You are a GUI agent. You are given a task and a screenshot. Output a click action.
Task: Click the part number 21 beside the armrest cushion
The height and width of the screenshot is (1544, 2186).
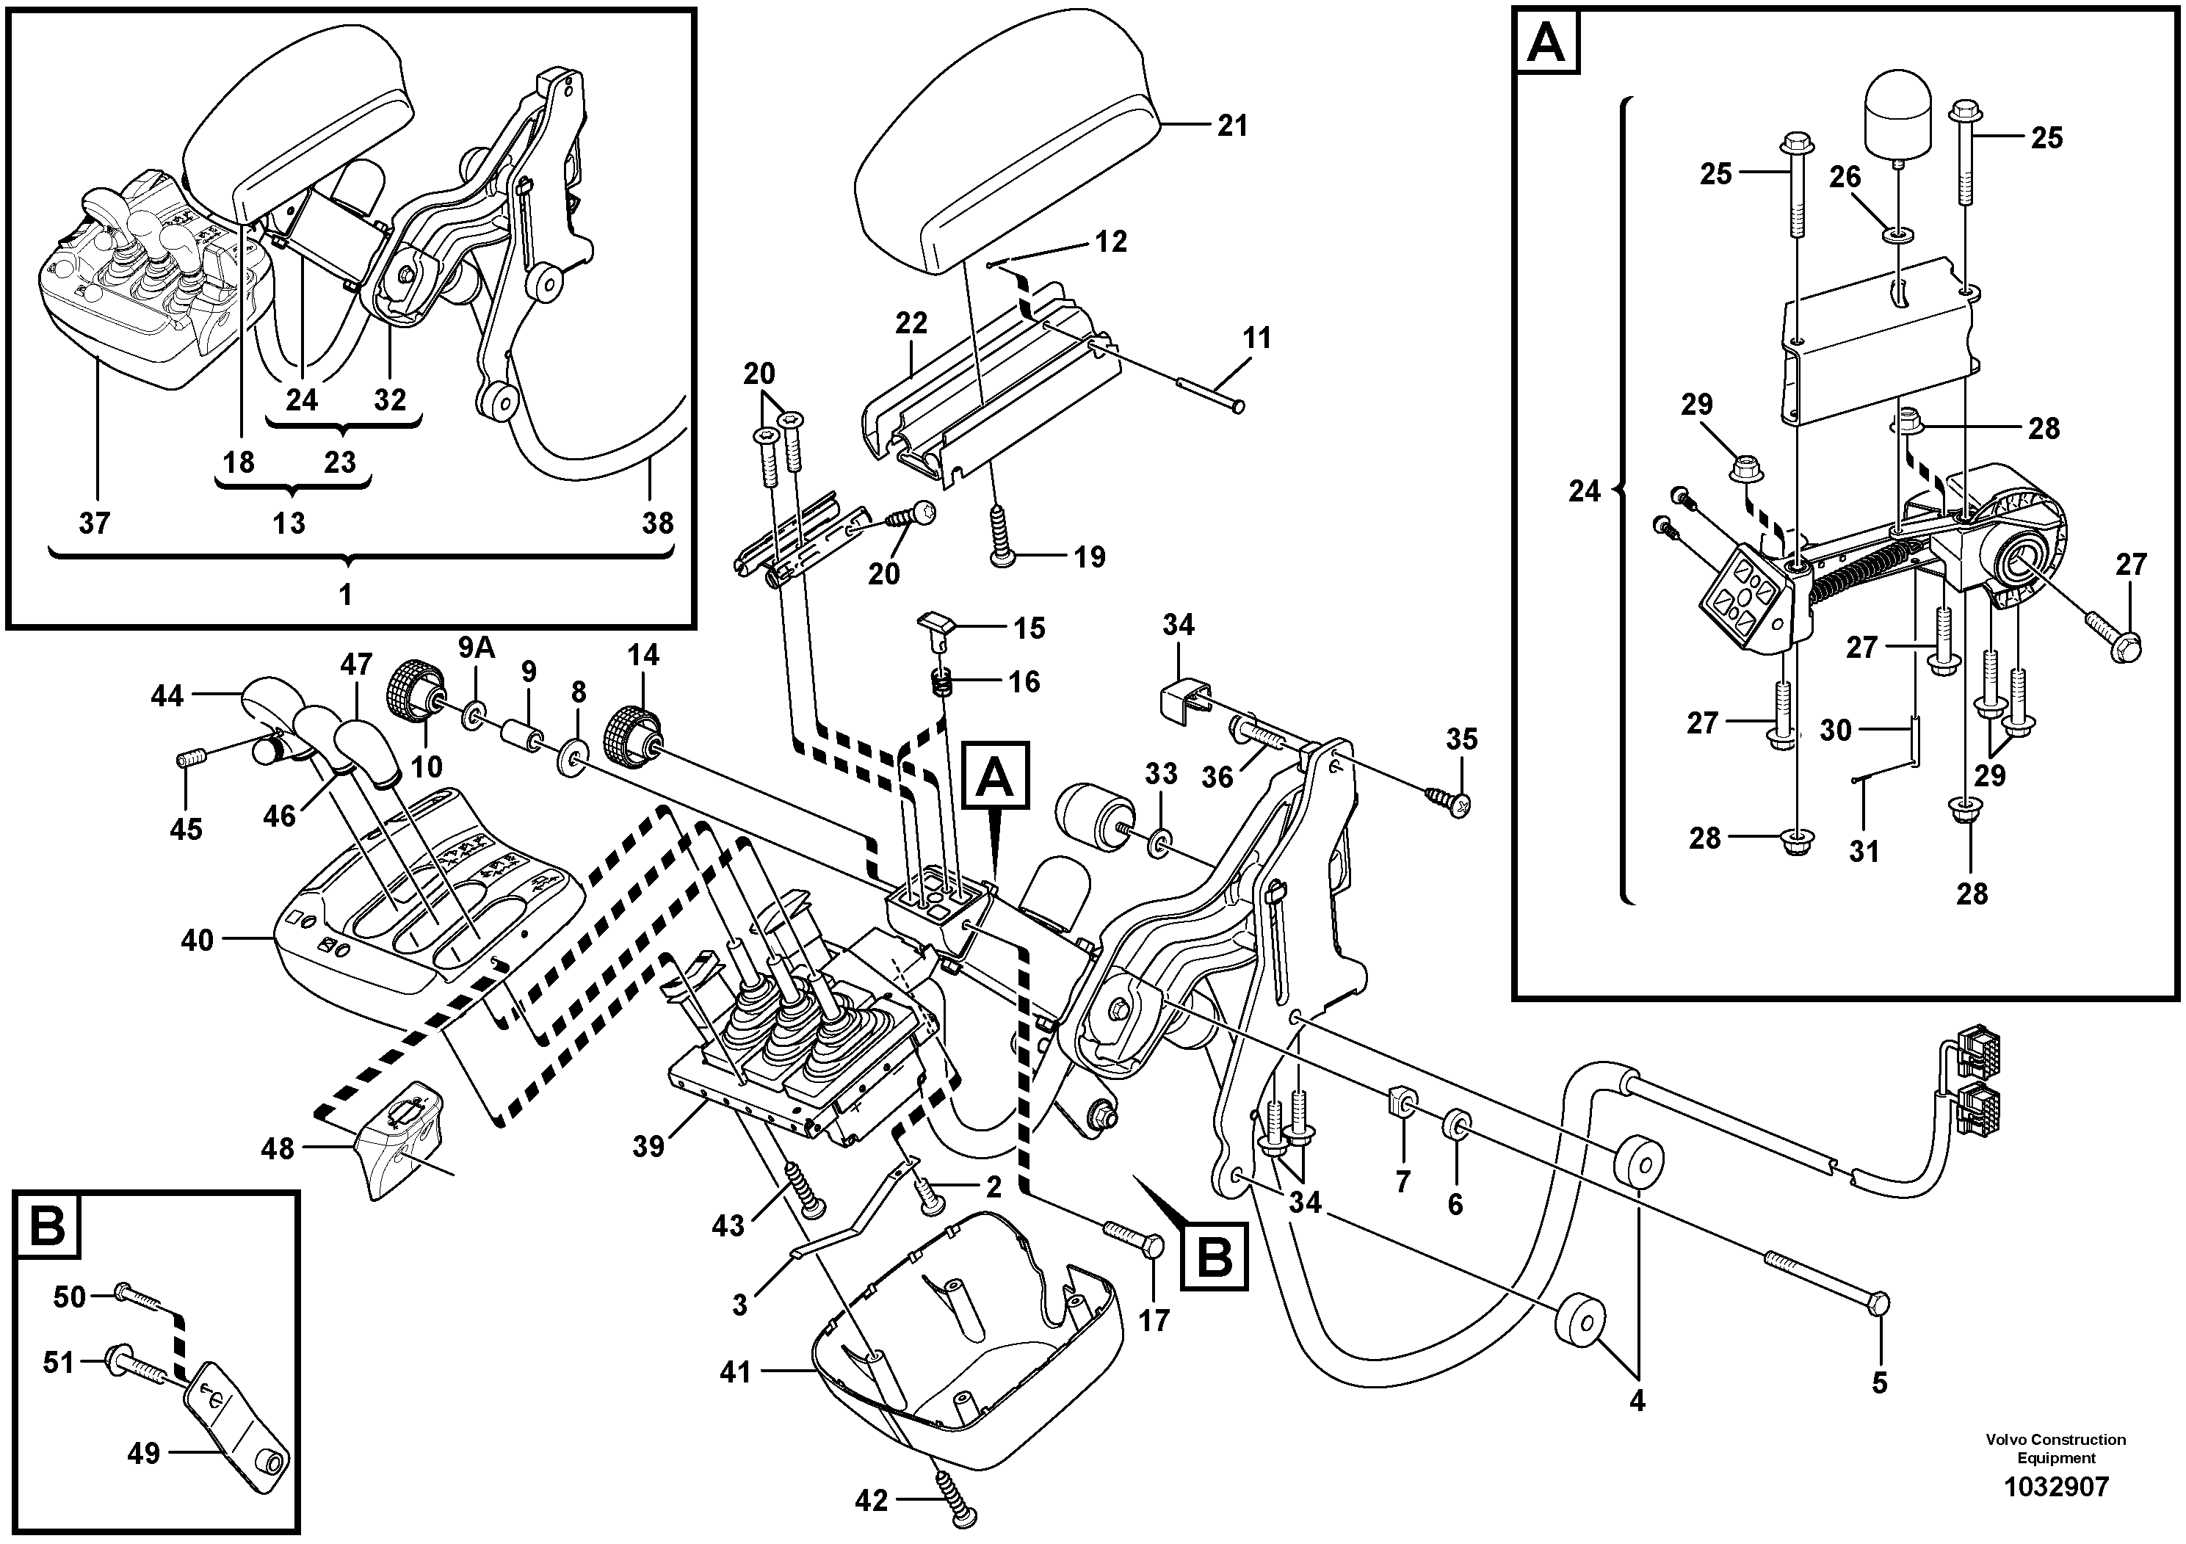[x=1232, y=126]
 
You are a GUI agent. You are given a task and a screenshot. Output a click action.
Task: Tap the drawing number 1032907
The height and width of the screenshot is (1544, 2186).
[x=2057, y=1487]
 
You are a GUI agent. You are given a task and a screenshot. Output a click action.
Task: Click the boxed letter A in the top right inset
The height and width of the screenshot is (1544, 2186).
[x=1545, y=43]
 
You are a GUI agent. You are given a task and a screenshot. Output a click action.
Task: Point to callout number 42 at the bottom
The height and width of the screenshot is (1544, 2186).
[x=871, y=1501]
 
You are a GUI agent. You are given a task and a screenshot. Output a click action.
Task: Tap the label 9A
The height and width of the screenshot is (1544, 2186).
[x=476, y=648]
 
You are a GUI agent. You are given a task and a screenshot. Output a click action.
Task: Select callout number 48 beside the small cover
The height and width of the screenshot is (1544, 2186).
[x=278, y=1149]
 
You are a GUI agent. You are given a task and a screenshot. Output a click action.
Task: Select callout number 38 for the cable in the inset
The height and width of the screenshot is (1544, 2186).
[x=657, y=523]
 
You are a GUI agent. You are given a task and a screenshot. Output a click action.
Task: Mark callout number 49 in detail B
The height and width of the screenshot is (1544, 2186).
[x=144, y=1454]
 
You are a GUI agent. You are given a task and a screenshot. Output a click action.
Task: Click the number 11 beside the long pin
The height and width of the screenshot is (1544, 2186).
[x=1257, y=338]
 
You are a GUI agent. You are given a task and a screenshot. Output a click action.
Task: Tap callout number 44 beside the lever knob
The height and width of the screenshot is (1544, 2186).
[x=167, y=697]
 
